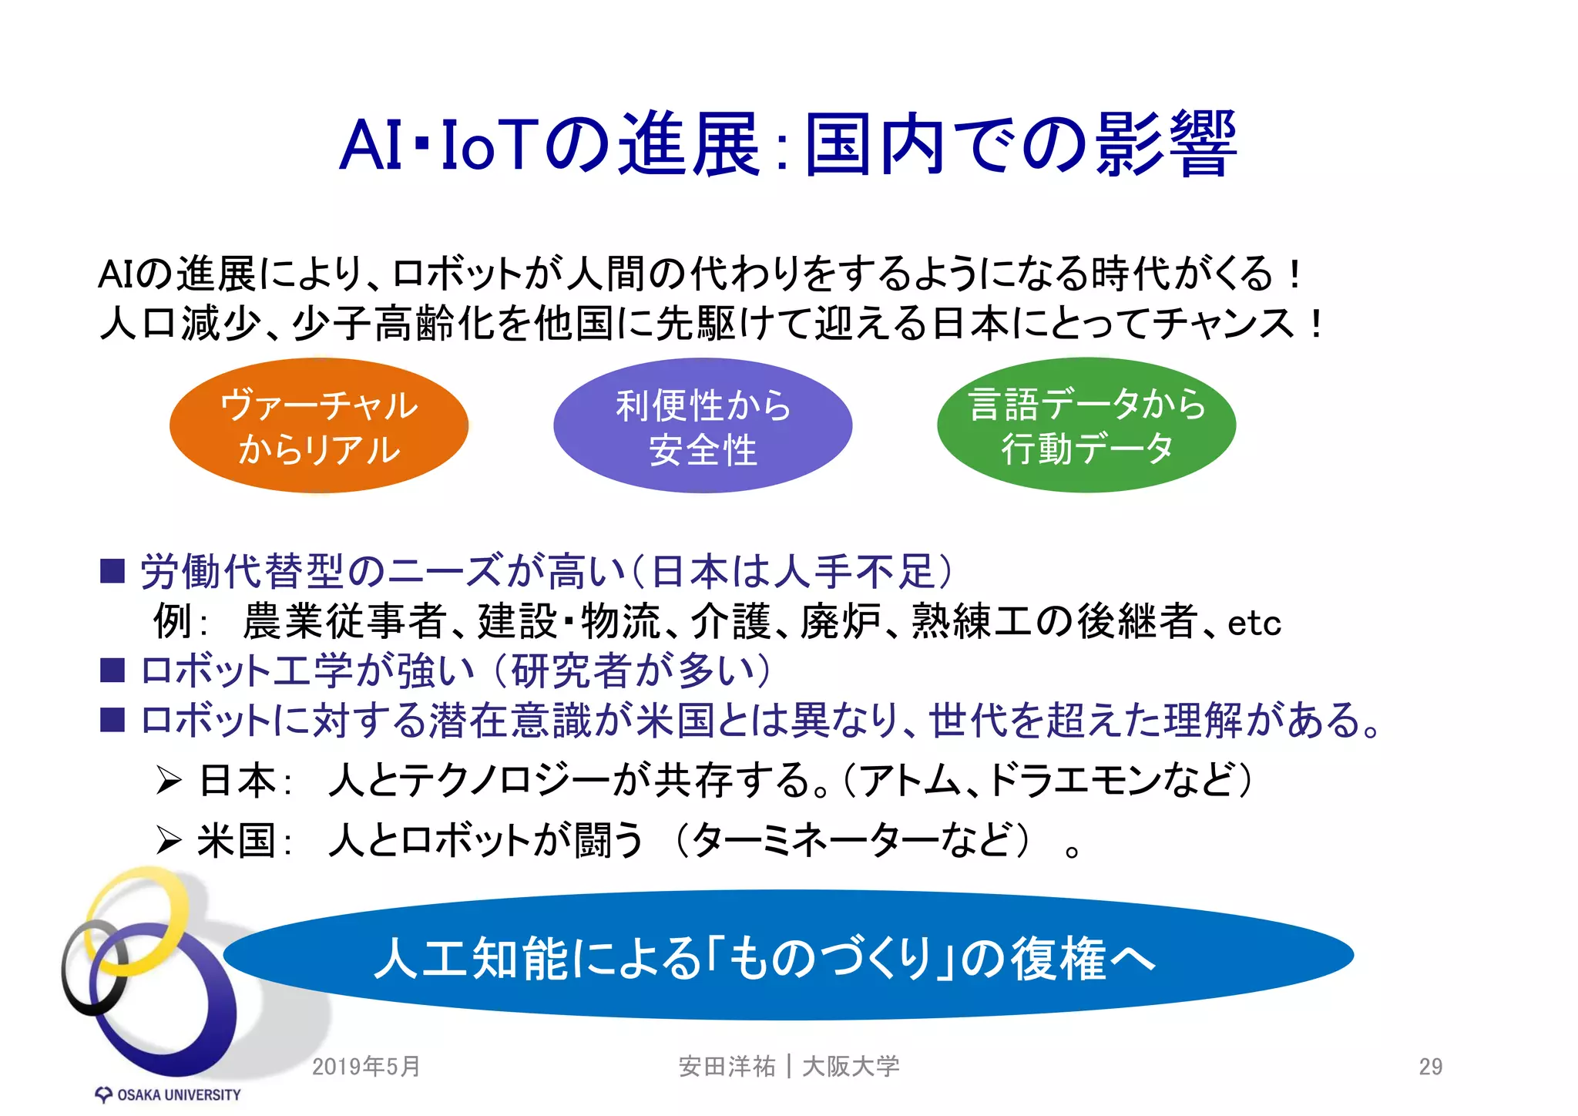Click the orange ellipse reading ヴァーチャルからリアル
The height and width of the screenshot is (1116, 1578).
click(318, 425)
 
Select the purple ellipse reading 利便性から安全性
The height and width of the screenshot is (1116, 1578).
click(702, 425)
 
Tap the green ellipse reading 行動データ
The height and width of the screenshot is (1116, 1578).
click(1086, 449)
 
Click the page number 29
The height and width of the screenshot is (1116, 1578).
click(1430, 1067)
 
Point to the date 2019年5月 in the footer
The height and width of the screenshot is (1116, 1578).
click(366, 1067)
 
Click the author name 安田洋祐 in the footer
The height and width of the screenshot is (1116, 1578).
click(727, 1067)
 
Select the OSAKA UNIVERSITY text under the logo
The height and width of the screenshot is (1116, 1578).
click(178, 1095)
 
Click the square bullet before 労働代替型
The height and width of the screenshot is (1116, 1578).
click(112, 571)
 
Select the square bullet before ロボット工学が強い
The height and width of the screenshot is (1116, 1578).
click(112, 670)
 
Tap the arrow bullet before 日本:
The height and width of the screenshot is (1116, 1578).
click(169, 780)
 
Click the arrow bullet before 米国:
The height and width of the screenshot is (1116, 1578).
click(169, 840)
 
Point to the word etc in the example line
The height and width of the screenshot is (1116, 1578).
click(1254, 623)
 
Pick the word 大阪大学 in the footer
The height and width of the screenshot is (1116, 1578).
click(851, 1067)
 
